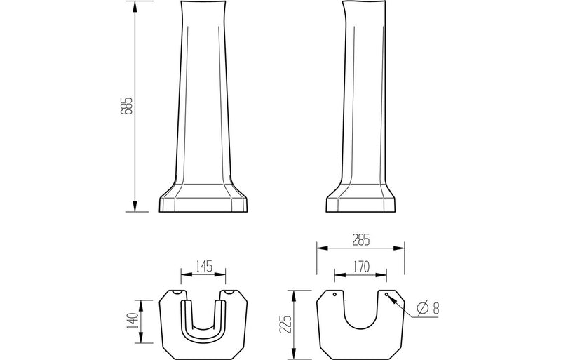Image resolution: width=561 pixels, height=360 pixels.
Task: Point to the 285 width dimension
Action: (x=360, y=239)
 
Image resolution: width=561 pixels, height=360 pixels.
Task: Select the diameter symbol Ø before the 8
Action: (x=423, y=307)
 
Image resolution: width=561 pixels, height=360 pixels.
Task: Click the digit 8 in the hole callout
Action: (x=435, y=307)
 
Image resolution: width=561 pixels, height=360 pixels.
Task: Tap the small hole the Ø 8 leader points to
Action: (x=386, y=295)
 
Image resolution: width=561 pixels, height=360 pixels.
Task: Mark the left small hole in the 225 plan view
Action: (x=334, y=295)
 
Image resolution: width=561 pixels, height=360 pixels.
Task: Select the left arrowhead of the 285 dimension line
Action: (x=320, y=246)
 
